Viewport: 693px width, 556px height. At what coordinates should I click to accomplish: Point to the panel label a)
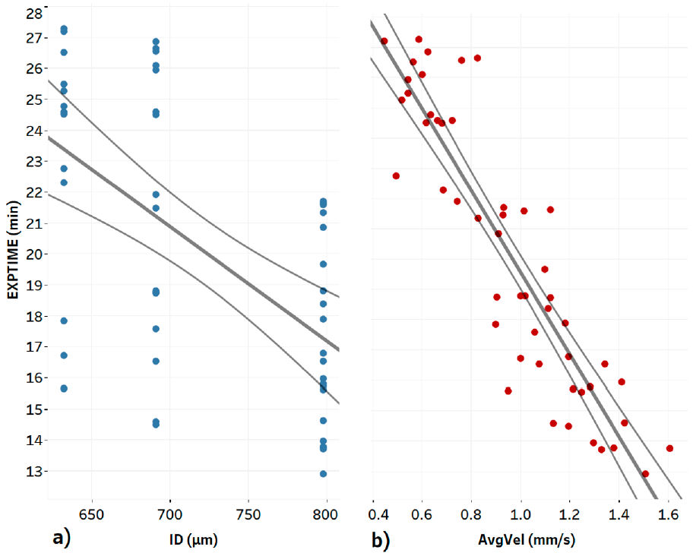pyautogui.click(x=61, y=539)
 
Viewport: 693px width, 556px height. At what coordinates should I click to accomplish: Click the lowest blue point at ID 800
pyautogui.click(x=323, y=474)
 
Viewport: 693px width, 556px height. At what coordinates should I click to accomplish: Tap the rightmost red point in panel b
pyautogui.click(x=669, y=448)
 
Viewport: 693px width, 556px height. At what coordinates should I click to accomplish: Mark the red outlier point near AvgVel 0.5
pyautogui.click(x=396, y=175)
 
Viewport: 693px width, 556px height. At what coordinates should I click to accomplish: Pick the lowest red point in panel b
pyautogui.click(x=645, y=473)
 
